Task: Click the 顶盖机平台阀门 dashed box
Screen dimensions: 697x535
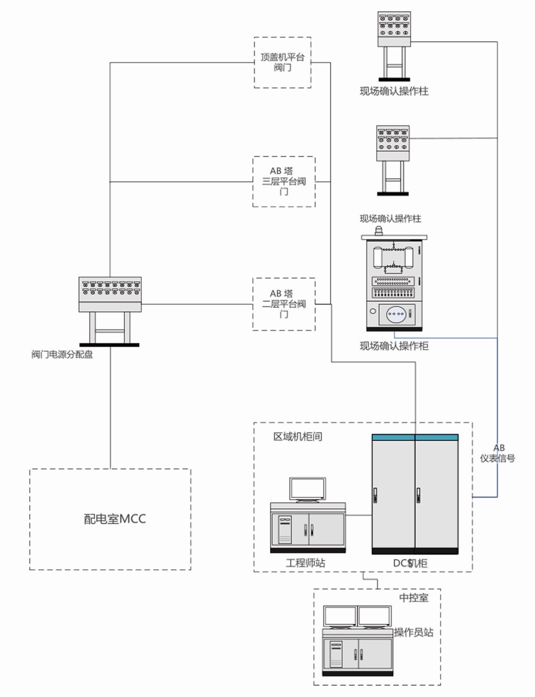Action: (x=282, y=62)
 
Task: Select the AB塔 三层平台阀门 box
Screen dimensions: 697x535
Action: (x=284, y=181)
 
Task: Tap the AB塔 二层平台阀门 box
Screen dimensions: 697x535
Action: (x=284, y=304)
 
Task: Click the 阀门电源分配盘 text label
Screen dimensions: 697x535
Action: (x=62, y=354)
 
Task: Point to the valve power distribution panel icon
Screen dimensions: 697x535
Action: (x=110, y=310)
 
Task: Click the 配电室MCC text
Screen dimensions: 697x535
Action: (x=114, y=518)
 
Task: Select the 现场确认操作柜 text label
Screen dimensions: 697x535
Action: (x=394, y=346)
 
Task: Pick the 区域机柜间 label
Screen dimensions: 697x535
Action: (x=297, y=436)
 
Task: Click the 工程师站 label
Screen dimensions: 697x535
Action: (x=305, y=563)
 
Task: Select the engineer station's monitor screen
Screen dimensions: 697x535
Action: (x=307, y=489)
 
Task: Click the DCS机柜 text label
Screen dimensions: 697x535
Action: (x=410, y=563)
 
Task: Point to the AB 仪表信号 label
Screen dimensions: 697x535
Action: (x=498, y=453)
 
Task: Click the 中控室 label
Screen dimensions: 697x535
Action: (x=414, y=597)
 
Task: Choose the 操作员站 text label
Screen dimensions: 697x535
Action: (x=414, y=632)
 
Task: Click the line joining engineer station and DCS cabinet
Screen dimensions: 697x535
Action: (x=358, y=516)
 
